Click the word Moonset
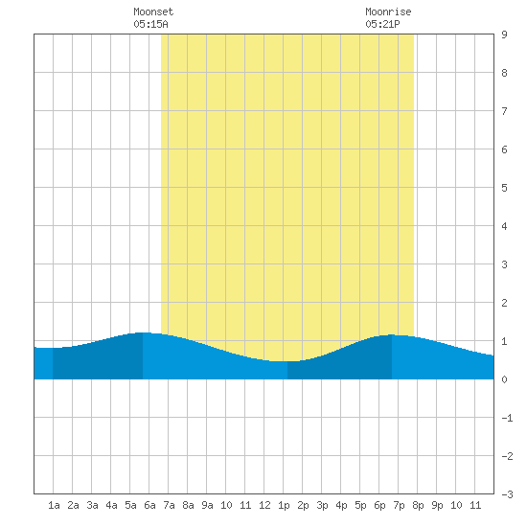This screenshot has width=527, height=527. coord(153,11)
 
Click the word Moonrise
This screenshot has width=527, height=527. coord(388,11)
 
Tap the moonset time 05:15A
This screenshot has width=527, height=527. coord(150,24)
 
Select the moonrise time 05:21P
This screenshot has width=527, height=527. coord(382,24)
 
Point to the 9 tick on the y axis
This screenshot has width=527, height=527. coord(504,34)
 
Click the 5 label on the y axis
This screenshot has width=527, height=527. coord(504,188)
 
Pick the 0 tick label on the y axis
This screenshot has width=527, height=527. coord(504,379)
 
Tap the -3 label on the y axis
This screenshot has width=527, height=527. coord(507,494)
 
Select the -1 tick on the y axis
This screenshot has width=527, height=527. coord(507,418)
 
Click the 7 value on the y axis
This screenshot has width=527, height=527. coord(504,111)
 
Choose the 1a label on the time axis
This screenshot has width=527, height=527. coord(54,505)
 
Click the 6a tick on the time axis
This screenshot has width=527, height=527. coord(149,505)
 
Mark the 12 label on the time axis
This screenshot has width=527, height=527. coord(264,505)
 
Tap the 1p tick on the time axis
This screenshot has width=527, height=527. coord(284,505)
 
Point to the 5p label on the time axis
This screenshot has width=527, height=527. coord(360,505)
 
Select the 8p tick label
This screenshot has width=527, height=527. coord(418,505)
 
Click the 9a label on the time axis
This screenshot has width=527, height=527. coord(207,505)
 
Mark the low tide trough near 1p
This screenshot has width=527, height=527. coord(284,361)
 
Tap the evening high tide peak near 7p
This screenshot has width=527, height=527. coord(392,334)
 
